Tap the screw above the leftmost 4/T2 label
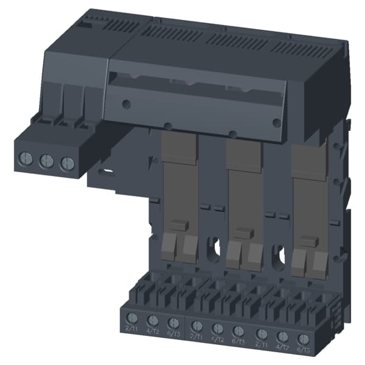153,319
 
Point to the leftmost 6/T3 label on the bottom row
174,332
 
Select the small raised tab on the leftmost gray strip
178,225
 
